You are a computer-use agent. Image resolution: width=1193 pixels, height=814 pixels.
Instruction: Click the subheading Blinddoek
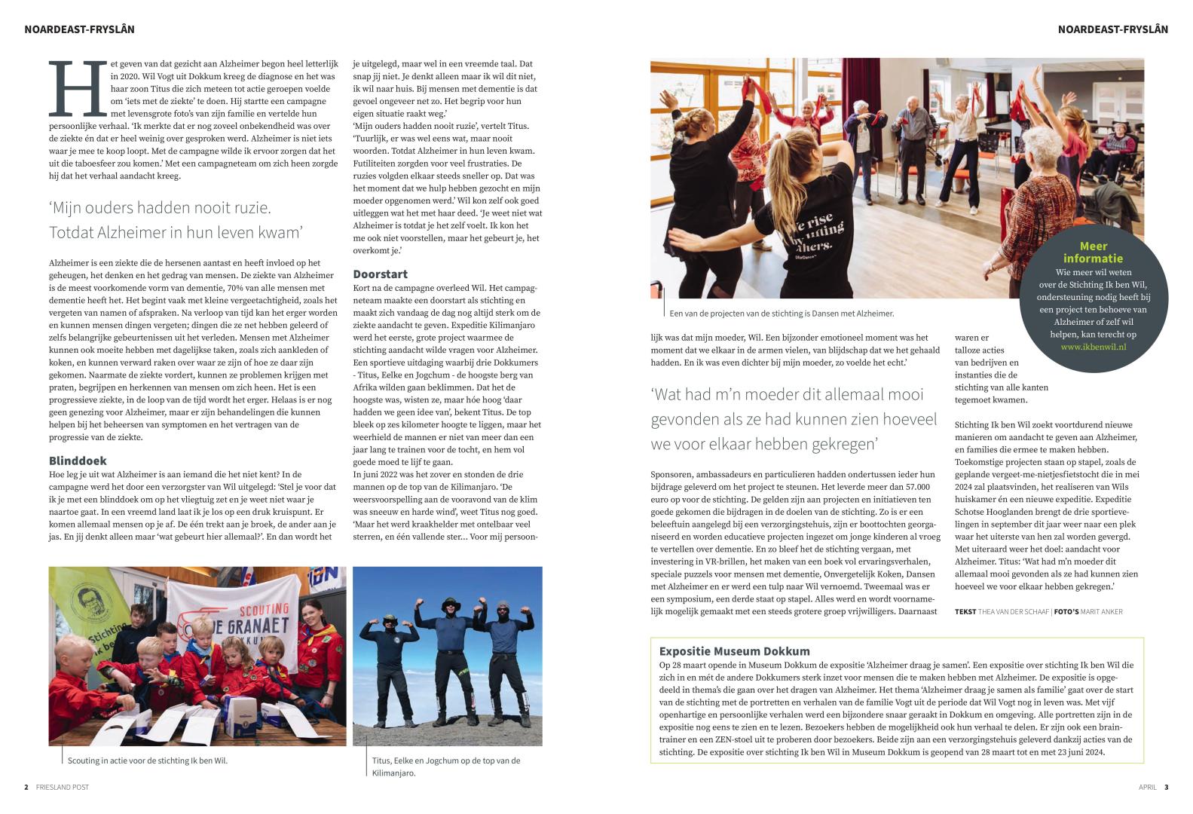tap(78, 461)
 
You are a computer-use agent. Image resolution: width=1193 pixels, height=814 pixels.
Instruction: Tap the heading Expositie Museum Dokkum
tap(734, 651)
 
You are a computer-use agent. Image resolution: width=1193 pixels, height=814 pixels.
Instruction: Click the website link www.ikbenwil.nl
tap(1093, 347)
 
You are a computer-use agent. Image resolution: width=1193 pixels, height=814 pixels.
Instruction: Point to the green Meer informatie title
tap(1093, 252)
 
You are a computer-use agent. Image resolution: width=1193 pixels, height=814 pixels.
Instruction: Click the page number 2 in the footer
tap(26, 787)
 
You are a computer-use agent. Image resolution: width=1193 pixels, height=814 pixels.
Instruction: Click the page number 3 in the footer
tap(1166, 787)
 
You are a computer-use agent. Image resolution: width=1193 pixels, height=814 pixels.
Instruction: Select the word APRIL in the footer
tap(1147, 787)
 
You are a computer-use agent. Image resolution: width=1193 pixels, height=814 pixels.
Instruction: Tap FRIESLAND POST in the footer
tap(62, 787)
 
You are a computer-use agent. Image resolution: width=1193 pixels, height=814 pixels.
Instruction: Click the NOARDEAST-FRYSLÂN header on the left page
tap(79, 29)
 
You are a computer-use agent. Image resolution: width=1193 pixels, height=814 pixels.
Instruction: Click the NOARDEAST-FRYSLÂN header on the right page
tap(1112, 29)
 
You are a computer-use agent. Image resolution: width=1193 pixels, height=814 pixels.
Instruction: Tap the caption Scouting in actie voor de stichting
tap(147, 760)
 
